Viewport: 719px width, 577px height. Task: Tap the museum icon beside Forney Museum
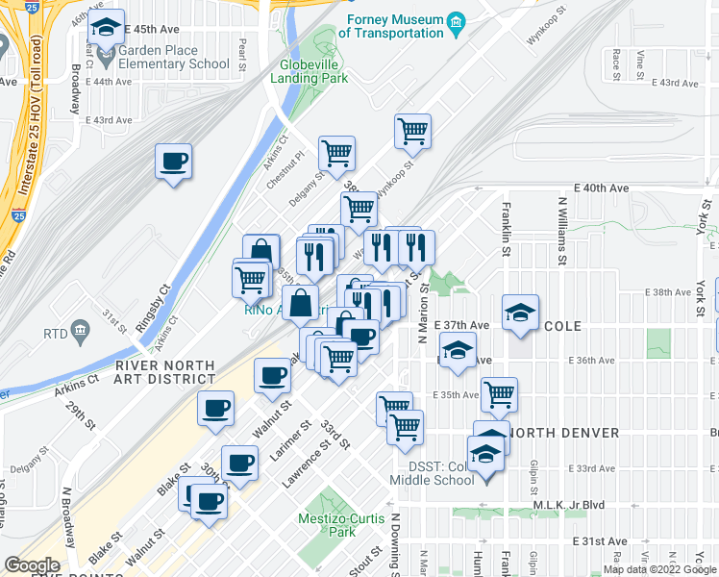coord(458,21)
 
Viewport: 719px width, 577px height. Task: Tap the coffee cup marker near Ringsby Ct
coord(174,162)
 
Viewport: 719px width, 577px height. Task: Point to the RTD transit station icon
coord(80,332)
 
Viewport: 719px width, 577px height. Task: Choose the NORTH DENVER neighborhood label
coord(563,433)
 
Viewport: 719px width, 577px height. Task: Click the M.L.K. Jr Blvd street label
coord(568,506)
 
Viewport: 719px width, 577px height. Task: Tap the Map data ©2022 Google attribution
coord(659,569)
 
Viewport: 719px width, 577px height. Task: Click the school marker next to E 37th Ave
coord(520,314)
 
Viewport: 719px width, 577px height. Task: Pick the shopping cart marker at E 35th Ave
coord(499,393)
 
